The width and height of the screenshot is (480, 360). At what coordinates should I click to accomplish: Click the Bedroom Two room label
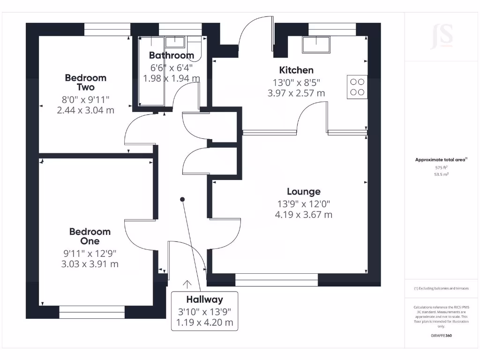pyautogui.click(x=85, y=82)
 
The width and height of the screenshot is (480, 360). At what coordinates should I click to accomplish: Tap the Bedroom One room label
pyautogui.click(x=90, y=236)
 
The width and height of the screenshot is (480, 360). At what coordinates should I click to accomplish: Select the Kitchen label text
pyautogui.click(x=296, y=70)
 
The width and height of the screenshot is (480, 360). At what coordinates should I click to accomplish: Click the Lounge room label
pyautogui.click(x=304, y=192)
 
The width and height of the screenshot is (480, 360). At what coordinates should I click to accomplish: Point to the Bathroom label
pyautogui.click(x=172, y=55)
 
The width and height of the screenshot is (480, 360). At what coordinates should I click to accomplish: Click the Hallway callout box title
pyautogui.click(x=204, y=300)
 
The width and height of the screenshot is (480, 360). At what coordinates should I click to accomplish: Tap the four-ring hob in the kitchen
pyautogui.click(x=357, y=87)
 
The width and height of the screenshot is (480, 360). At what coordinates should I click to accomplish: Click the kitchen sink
pyautogui.click(x=316, y=45)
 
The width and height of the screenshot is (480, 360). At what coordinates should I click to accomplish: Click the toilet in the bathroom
pyautogui.click(x=194, y=47)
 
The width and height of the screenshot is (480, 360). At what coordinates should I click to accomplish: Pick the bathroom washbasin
pyautogui.click(x=175, y=42)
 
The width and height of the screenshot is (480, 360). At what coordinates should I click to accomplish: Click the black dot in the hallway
pyautogui.click(x=182, y=200)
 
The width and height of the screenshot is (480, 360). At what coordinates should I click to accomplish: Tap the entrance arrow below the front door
pyautogui.click(x=187, y=284)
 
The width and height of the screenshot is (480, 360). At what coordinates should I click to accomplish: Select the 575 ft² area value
pyautogui.click(x=441, y=167)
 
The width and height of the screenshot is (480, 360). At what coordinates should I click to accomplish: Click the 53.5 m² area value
pyautogui.click(x=441, y=174)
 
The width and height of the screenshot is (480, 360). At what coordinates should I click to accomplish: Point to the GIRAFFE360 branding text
pyautogui.click(x=441, y=336)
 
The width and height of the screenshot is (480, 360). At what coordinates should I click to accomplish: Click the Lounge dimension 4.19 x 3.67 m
pyautogui.click(x=304, y=215)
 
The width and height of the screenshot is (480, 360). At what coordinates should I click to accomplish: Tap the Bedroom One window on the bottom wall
pyautogui.click(x=92, y=312)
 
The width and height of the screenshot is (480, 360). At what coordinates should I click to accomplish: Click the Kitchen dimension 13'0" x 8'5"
pyautogui.click(x=296, y=82)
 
